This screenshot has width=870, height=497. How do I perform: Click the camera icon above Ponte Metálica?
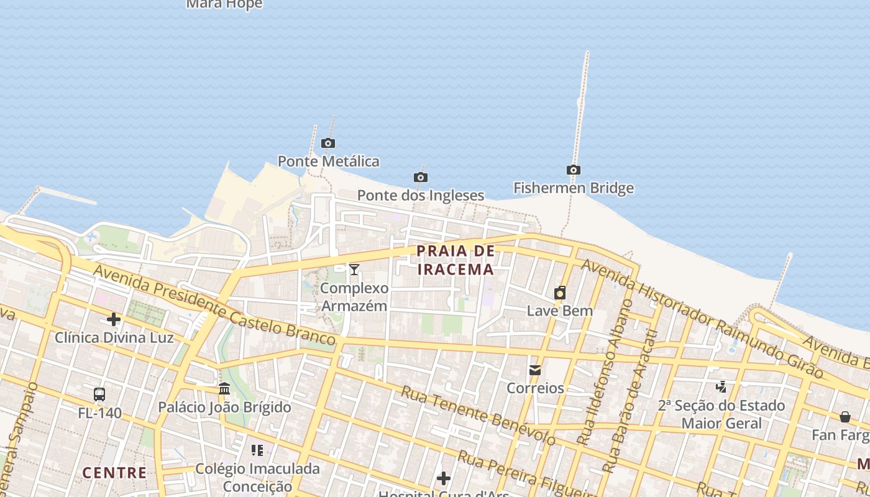point(328,144)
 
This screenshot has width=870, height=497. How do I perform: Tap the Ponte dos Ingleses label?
point(420,195)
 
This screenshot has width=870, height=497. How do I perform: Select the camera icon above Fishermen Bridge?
point(574,170)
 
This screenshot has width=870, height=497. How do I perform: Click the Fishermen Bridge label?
point(574,188)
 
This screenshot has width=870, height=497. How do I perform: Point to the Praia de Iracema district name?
point(456,260)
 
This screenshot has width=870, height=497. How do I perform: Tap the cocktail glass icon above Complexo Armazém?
point(354,270)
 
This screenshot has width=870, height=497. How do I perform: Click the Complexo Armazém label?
point(354,297)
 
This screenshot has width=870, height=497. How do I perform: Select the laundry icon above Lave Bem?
point(560,293)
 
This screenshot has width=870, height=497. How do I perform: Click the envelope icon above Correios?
point(535,371)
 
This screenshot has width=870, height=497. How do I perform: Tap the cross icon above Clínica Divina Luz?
point(114,320)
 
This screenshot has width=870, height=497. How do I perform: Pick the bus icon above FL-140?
point(99,394)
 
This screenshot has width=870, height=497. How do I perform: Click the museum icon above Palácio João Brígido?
point(224,389)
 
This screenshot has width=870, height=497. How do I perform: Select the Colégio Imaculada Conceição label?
point(257,477)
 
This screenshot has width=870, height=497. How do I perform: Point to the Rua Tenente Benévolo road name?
point(478,415)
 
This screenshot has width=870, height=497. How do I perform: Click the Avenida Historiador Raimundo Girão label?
point(702,317)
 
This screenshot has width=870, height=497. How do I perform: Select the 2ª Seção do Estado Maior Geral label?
point(721,414)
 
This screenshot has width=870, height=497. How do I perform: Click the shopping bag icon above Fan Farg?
point(845,417)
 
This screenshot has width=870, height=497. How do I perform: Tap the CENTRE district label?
point(115,473)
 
